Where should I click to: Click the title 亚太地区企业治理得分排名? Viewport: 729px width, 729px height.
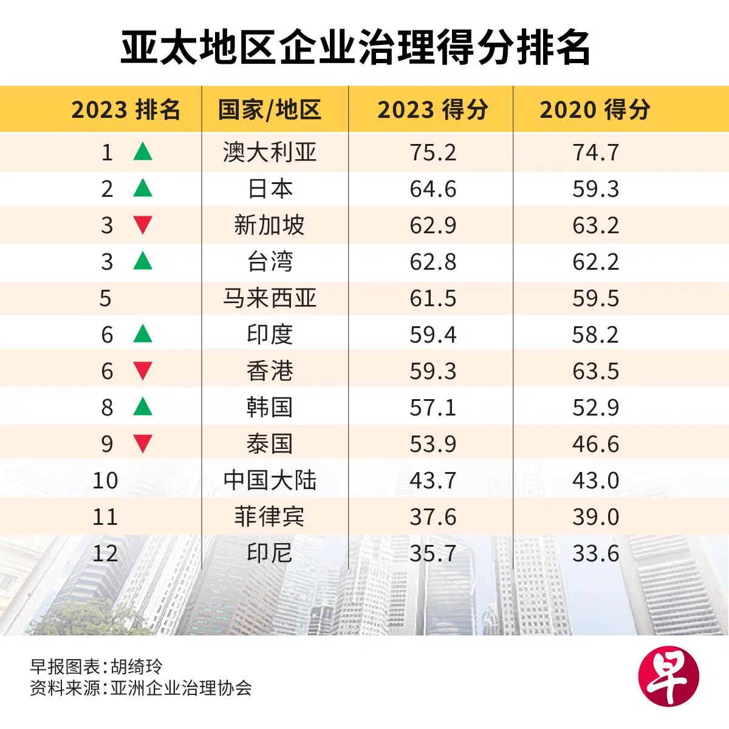tap(355, 48)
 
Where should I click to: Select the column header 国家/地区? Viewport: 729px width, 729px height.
tap(269, 110)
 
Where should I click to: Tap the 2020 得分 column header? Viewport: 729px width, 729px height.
tap(595, 110)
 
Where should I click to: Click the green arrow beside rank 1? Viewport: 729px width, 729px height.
tap(143, 151)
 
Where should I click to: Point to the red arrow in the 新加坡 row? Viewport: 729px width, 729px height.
tap(143, 225)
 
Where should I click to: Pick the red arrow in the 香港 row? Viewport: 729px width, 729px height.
tap(143, 371)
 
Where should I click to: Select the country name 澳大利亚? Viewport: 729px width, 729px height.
tap(269, 152)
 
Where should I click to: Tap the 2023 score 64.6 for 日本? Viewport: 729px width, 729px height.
tap(433, 189)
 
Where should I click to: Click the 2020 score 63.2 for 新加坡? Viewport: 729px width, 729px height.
tap(595, 225)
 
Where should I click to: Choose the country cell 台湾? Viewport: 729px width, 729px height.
tap(269, 262)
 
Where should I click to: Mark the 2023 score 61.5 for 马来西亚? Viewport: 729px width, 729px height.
tap(433, 298)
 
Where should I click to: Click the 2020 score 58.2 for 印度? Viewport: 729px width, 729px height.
tap(595, 335)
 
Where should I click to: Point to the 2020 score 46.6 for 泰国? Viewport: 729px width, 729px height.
tap(595, 444)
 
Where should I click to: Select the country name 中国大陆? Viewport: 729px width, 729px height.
tap(269, 481)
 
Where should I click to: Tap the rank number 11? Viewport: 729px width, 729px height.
tap(105, 517)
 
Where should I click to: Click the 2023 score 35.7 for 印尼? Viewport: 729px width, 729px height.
tap(433, 553)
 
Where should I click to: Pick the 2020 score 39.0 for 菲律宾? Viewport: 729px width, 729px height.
tap(595, 517)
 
